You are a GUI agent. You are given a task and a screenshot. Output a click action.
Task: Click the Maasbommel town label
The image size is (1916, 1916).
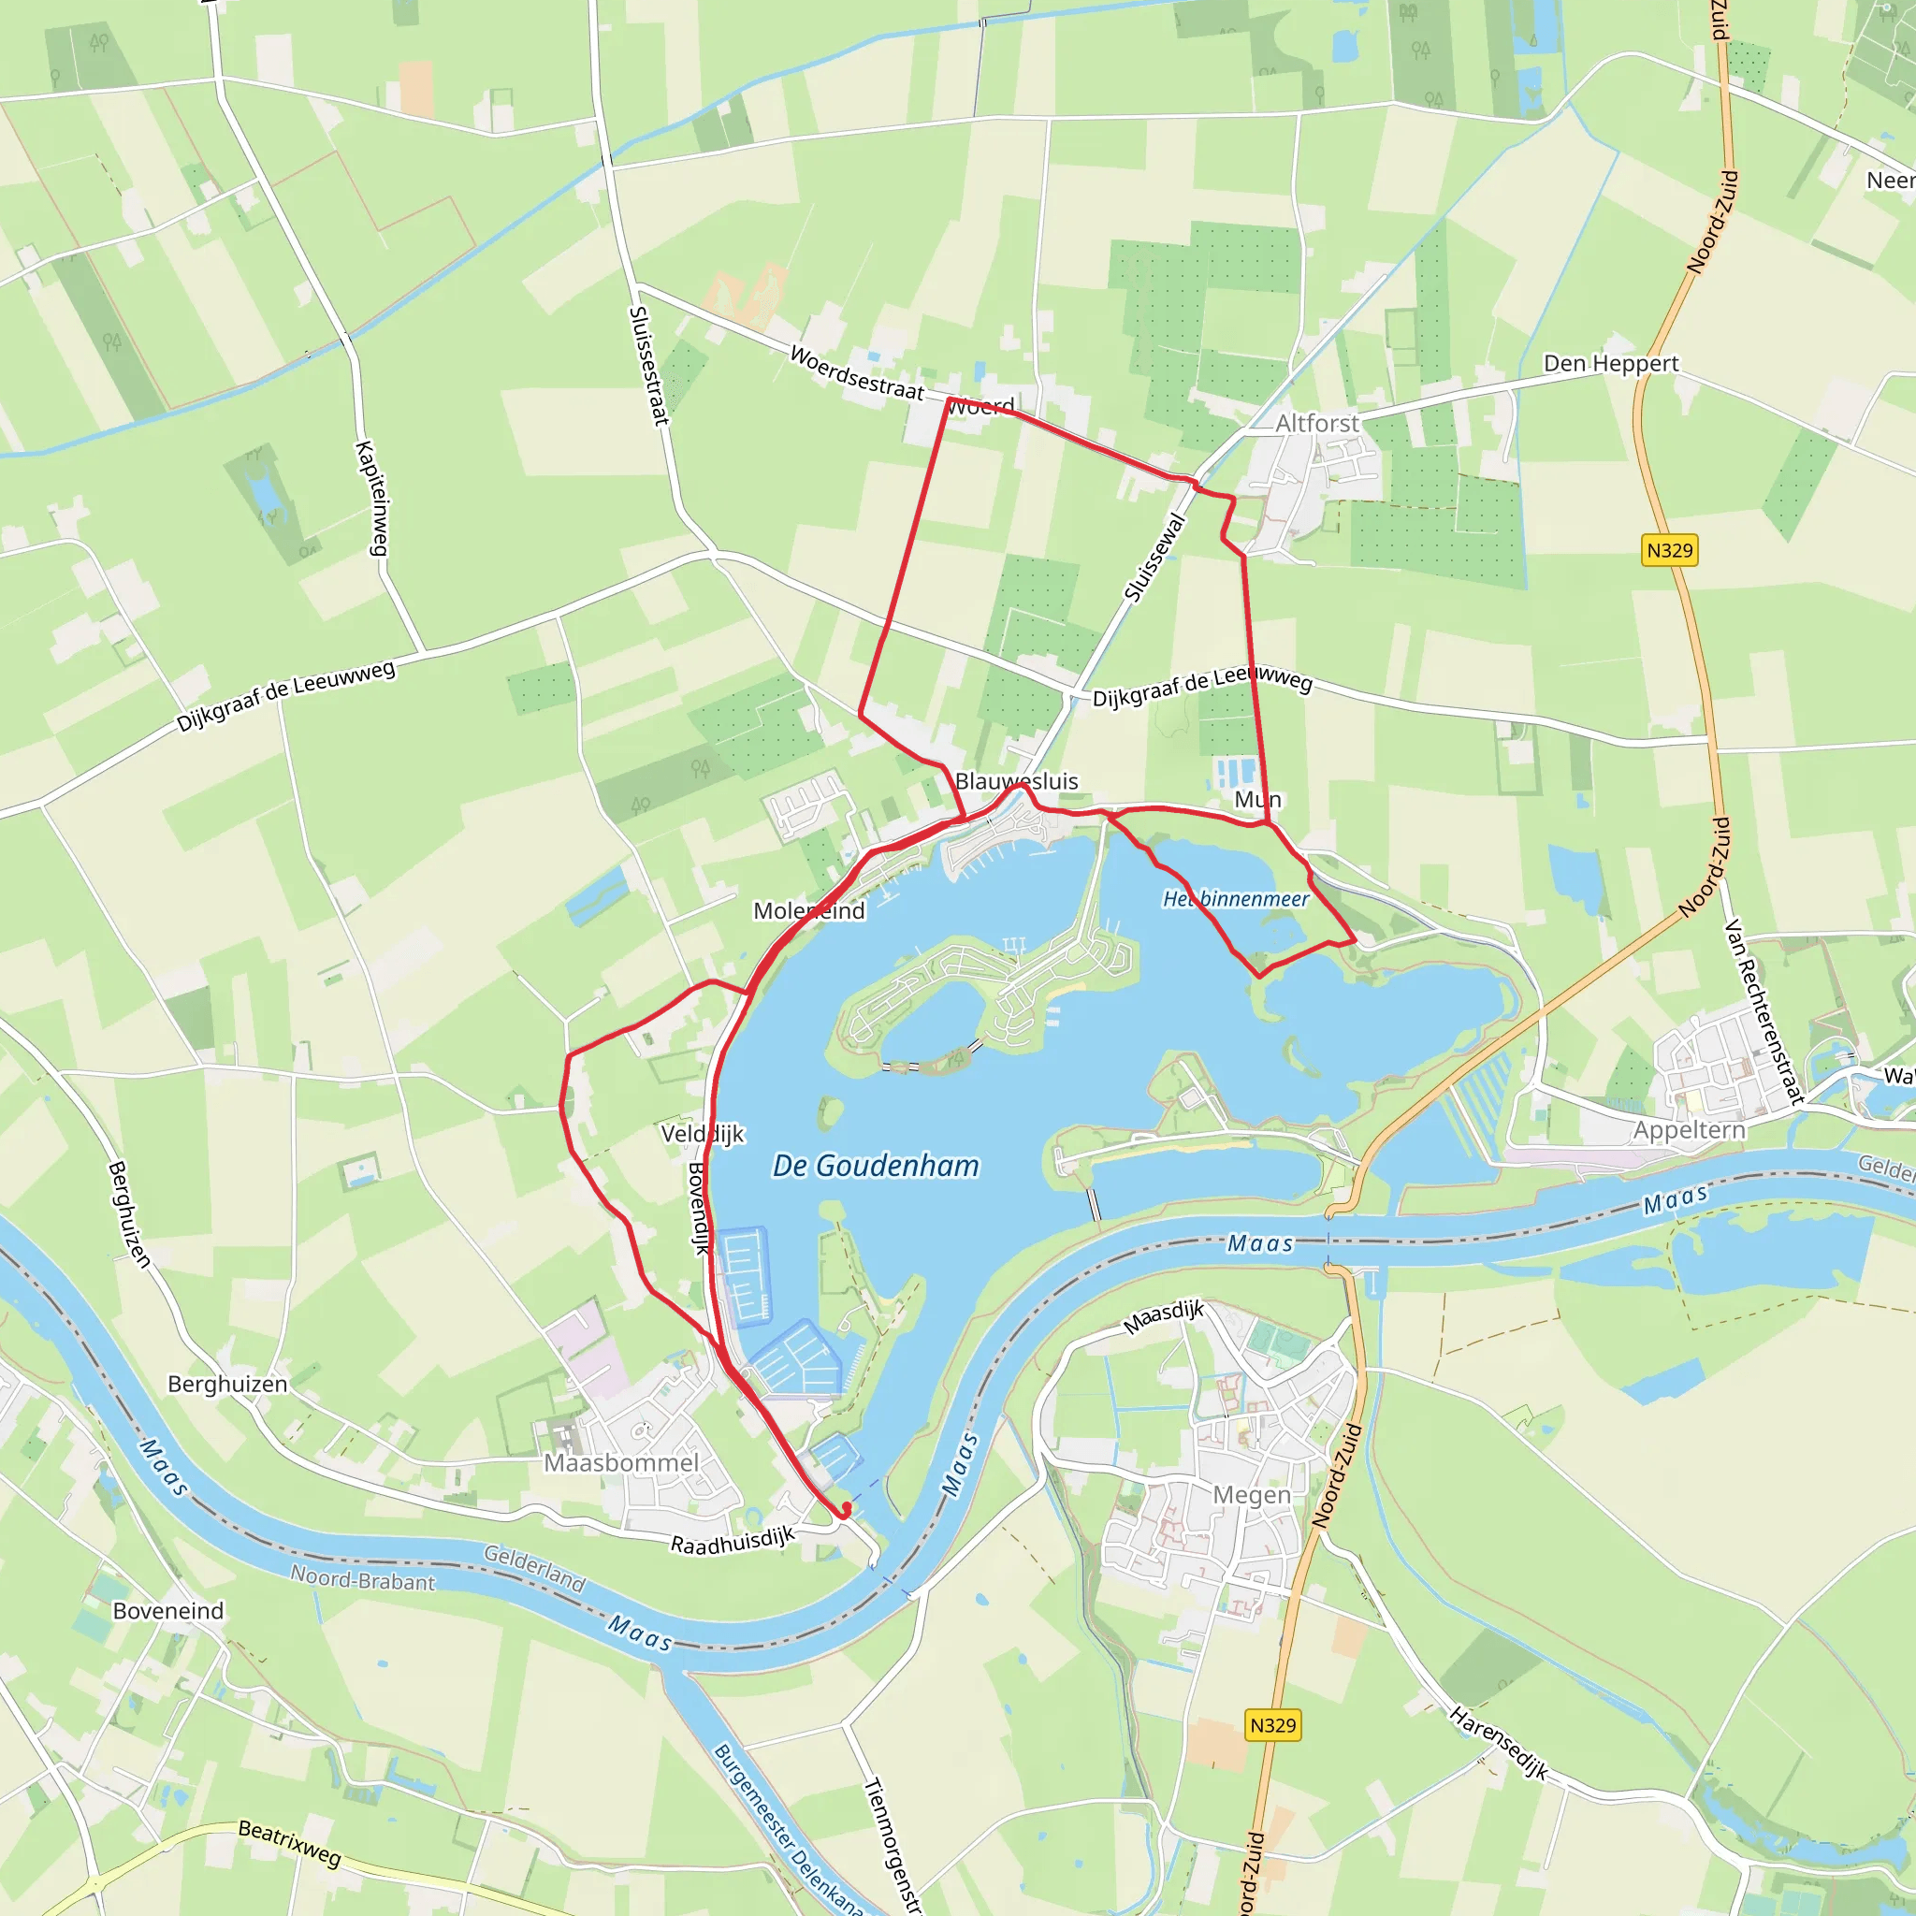[x=621, y=1463]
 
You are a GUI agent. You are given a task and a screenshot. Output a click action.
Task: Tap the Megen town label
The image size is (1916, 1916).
[x=1252, y=1494]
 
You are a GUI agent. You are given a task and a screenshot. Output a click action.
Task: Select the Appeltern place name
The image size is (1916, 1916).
[x=1689, y=1129]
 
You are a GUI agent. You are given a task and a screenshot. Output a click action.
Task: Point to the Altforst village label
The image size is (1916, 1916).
[x=1317, y=424]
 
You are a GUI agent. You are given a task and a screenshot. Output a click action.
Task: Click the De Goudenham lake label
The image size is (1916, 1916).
[x=876, y=1166]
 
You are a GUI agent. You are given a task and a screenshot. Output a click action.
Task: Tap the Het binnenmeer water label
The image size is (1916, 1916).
[x=1236, y=898]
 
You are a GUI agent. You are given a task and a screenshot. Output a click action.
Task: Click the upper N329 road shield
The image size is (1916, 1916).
[x=1669, y=550]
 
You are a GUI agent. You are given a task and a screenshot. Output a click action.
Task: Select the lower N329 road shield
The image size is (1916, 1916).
[x=1272, y=1724]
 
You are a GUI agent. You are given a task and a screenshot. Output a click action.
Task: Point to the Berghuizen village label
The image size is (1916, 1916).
[x=227, y=1384]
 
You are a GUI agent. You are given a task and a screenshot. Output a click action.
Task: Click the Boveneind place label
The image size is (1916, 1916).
[x=168, y=1611]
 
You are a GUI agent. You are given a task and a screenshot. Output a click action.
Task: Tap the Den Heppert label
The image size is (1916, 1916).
[x=1611, y=364]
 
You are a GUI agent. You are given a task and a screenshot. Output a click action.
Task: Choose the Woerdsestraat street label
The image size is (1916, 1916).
[x=857, y=373]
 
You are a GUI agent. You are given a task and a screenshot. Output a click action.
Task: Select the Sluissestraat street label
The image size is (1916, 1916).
[x=648, y=366]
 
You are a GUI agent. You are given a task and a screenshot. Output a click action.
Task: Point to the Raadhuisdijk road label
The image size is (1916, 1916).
[x=733, y=1540]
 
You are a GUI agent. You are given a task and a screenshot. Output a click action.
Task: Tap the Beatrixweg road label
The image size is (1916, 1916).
[x=290, y=1843]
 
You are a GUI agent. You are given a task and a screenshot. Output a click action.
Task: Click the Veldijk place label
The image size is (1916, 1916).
[x=703, y=1134]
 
